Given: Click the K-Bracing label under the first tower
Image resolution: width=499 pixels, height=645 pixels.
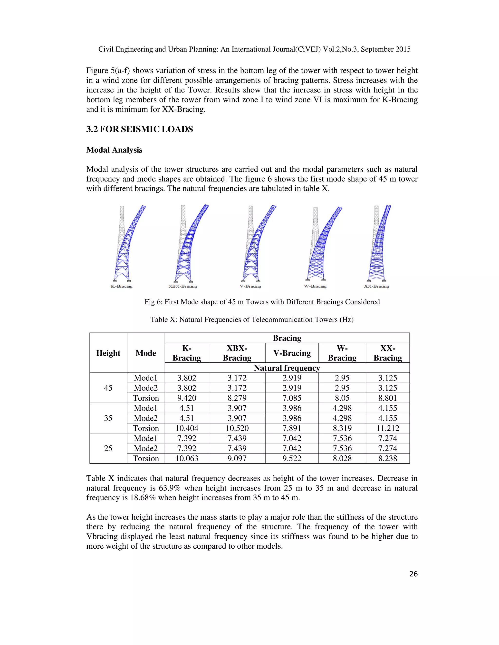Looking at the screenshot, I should [x=122, y=286].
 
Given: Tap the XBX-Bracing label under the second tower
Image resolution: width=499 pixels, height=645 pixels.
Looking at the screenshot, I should [x=182, y=286].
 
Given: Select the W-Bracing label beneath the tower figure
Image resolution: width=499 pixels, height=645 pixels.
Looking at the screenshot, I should [x=315, y=286].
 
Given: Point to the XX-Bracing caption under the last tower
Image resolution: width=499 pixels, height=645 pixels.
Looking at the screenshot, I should [x=376, y=286].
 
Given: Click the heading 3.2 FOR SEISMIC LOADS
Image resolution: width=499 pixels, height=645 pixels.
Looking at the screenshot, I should [x=140, y=129].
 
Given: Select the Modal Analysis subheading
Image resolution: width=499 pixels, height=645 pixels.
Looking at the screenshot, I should [x=114, y=150].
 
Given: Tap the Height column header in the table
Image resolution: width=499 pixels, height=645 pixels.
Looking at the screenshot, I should [x=108, y=353].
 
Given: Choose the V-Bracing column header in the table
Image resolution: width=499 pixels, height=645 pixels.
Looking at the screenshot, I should [x=292, y=353].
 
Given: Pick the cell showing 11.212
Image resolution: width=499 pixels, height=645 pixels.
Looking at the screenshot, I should [x=388, y=428].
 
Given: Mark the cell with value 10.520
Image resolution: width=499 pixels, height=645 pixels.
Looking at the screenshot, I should [x=237, y=428].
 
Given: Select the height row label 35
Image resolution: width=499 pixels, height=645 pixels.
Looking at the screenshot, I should [x=108, y=418].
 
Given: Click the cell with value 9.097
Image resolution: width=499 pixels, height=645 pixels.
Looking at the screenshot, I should [x=237, y=458].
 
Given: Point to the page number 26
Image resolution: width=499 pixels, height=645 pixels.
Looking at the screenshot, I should [x=413, y=574].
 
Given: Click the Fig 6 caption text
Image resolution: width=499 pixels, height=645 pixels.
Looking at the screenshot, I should [x=262, y=302].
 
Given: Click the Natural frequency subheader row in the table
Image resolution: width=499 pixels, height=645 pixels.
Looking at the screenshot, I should [x=287, y=368].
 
